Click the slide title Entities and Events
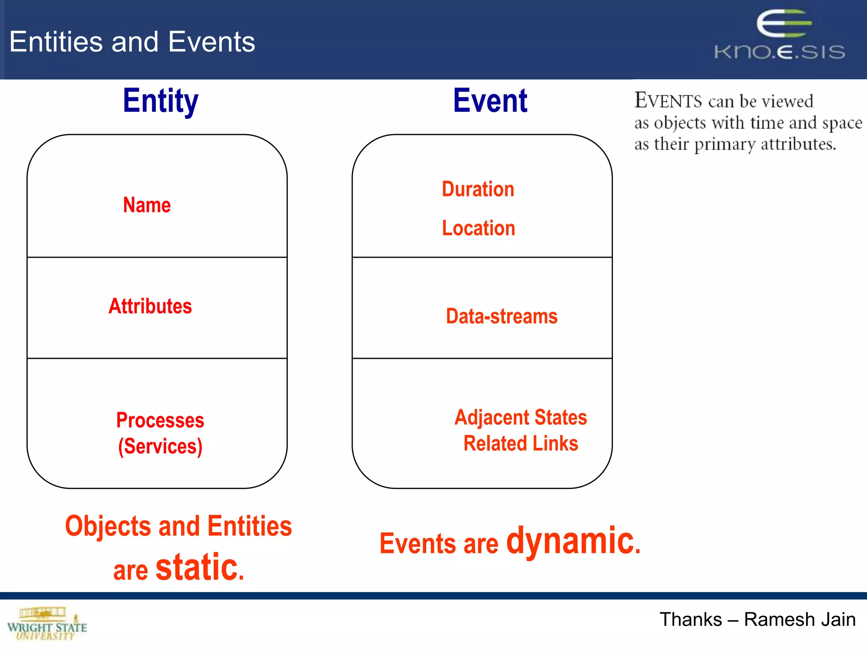132,42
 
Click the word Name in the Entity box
147,205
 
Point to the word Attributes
150,306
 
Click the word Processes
160,420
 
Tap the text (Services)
160,446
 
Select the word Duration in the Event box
478,189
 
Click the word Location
478,229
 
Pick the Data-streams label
502,317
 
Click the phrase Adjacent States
521,418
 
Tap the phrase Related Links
521,443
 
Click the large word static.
200,567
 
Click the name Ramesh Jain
800,620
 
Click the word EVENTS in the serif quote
668,101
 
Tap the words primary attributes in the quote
765,144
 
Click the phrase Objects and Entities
178,526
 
